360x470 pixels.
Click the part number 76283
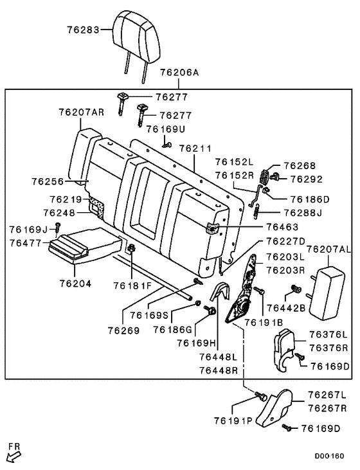click(x=84, y=30)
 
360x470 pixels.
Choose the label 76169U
click(x=165, y=129)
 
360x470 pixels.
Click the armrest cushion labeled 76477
click(x=84, y=248)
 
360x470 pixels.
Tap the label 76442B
click(x=285, y=308)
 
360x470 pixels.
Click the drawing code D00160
click(x=330, y=455)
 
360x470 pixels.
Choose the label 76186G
click(x=172, y=329)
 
